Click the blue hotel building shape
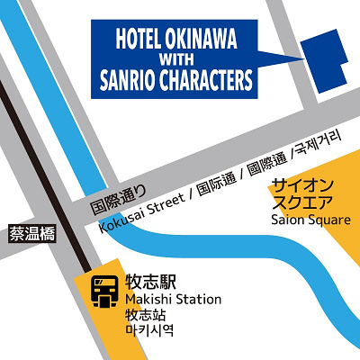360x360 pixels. [x=325, y=62]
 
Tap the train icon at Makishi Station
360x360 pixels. [x=104, y=290]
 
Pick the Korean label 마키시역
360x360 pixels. [x=145, y=332]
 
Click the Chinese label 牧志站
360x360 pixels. [x=145, y=317]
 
